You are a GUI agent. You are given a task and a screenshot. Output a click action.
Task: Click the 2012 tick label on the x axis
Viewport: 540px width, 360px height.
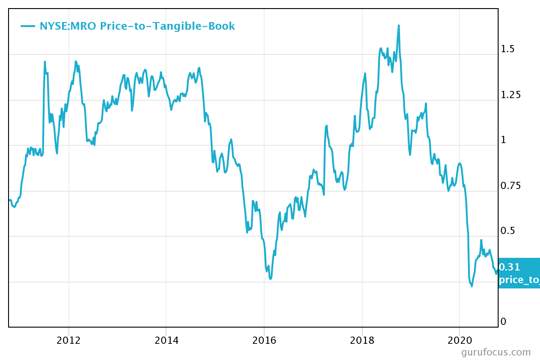click(x=68, y=340)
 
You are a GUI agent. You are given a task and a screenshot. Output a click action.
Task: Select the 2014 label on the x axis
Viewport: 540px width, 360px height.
click(x=166, y=340)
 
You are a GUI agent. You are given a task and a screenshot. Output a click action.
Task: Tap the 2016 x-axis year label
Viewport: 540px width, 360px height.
click(x=264, y=340)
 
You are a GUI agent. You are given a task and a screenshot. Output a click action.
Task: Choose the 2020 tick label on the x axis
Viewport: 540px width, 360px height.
click(x=459, y=340)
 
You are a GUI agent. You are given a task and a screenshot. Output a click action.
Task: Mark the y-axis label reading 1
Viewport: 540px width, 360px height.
click(x=504, y=140)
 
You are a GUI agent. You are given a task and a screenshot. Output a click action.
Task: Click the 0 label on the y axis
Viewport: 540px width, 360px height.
click(x=504, y=321)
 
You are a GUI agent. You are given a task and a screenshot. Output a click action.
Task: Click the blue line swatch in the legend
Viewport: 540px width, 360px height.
click(x=28, y=26)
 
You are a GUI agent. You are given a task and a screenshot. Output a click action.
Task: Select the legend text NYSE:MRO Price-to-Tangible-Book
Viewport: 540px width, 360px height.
click(x=137, y=26)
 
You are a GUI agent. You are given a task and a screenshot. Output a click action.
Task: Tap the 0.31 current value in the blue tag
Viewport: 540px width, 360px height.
click(x=510, y=267)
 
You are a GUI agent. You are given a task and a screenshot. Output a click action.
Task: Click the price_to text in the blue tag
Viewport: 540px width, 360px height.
click(x=519, y=280)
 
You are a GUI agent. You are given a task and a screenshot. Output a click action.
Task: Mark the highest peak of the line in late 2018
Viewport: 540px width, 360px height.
click(x=399, y=26)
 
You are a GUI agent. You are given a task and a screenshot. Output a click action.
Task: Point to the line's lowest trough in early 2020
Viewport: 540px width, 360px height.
click(x=472, y=286)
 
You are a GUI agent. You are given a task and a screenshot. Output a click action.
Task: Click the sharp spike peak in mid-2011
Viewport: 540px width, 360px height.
click(x=45, y=62)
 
